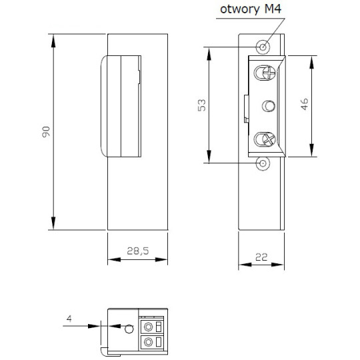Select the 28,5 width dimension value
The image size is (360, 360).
[x=137, y=252]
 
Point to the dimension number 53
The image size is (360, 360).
[x=203, y=105]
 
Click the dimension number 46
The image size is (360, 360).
[x=305, y=105]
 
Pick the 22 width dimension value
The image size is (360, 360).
[x=262, y=256]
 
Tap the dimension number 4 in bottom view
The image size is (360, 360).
[x=69, y=319]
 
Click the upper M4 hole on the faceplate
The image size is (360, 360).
[x=264, y=47]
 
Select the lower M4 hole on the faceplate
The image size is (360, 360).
[x=264, y=163]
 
